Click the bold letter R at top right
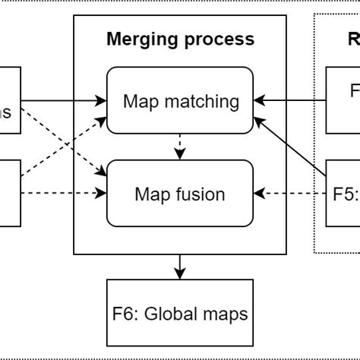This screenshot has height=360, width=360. pos(353,39)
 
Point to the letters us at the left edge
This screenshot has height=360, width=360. pos(7,112)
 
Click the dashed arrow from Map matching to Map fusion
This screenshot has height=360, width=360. pos(179,147)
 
